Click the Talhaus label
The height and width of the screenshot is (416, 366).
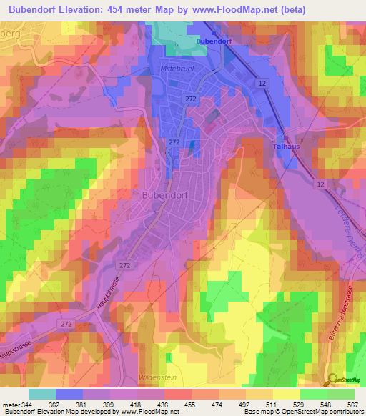pos(286,147)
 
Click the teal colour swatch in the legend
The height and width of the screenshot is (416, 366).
pos(41,394)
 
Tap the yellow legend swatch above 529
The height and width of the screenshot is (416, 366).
pos(285,394)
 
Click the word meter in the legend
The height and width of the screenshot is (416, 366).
pos(10,404)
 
